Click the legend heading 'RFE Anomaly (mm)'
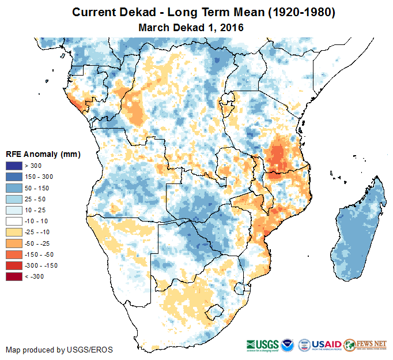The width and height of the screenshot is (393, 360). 43,154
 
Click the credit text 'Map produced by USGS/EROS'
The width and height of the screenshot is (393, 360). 59,350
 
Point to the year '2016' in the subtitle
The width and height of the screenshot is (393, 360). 231,27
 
